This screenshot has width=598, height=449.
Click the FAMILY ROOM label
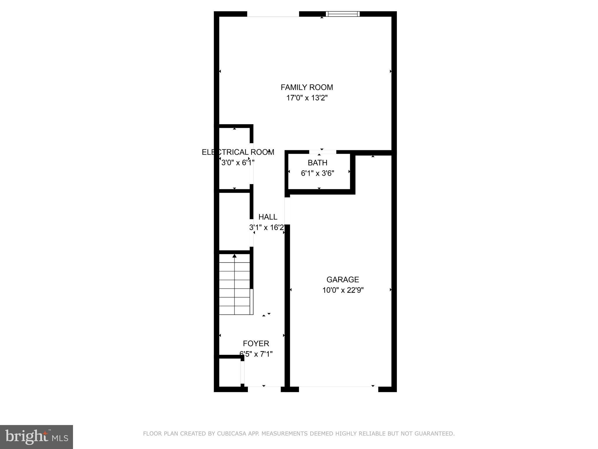coord(307,87)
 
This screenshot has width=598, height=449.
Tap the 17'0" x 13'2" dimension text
coord(307,98)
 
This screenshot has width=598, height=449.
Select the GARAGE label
coord(343,280)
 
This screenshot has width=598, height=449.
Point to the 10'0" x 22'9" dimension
coord(343,290)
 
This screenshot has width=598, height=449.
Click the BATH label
coord(317,163)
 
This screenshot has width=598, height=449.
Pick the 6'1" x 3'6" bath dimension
coord(317,173)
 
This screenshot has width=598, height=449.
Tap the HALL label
coord(268,217)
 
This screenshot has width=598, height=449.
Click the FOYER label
coord(256,343)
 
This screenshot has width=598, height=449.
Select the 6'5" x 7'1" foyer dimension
coord(256,354)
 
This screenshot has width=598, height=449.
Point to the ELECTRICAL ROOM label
coord(238,152)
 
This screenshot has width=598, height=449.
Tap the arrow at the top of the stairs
coord(234,256)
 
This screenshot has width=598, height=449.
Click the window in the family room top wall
coord(343,14)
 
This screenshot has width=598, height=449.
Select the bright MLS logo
coord(36,437)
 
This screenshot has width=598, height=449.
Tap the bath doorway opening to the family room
coord(322,152)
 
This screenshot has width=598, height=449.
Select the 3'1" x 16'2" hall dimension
coord(267,227)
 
